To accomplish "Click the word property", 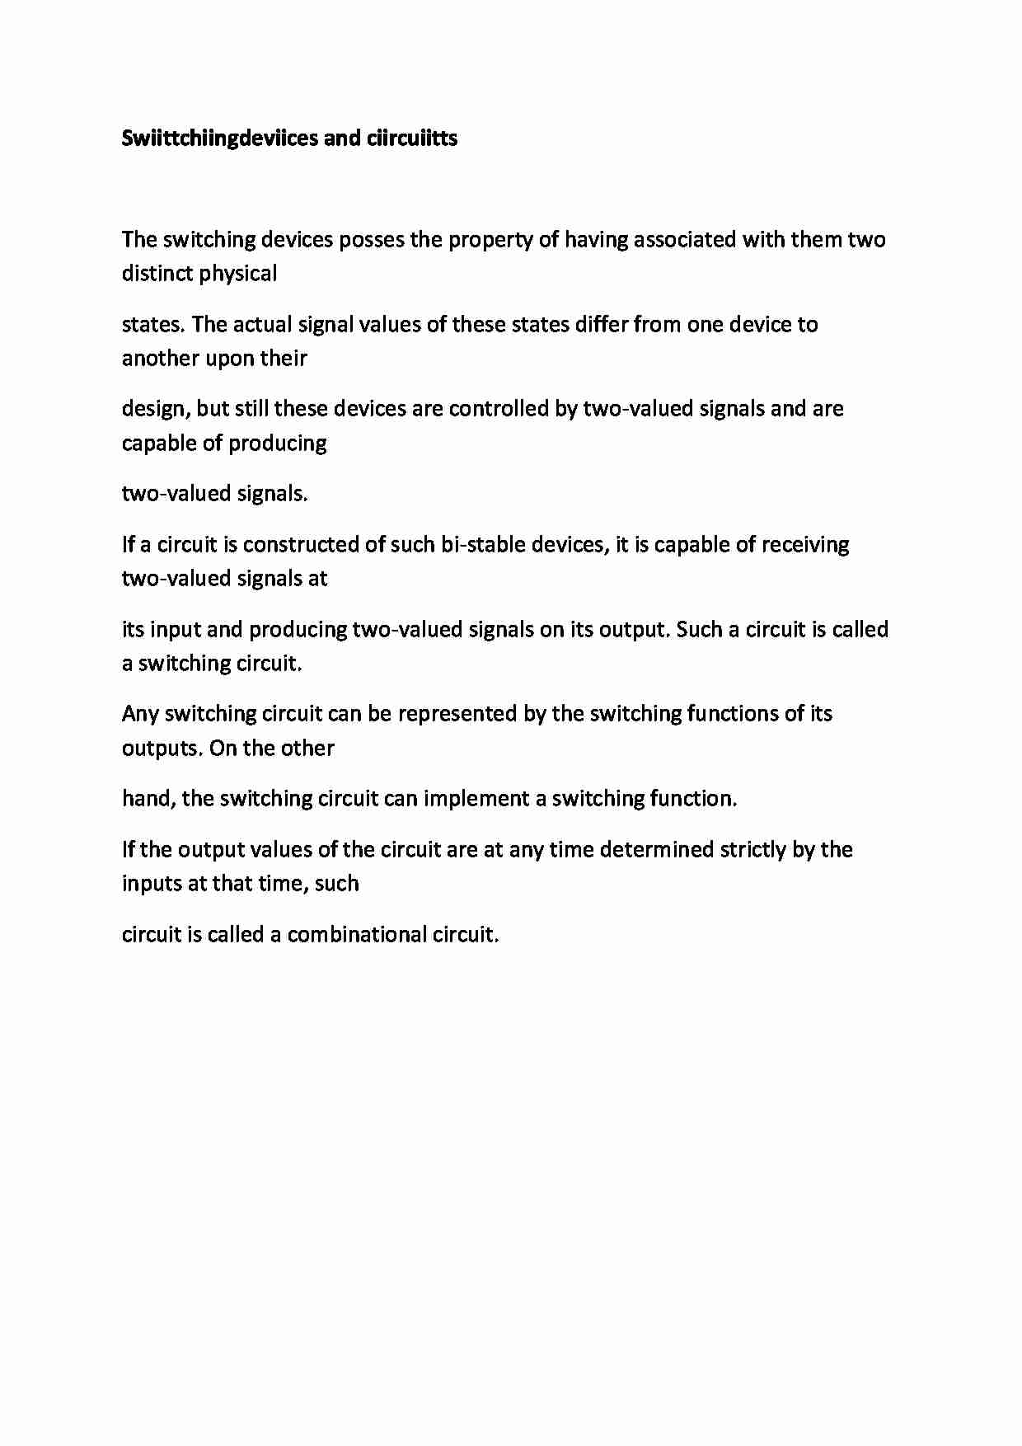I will [x=471, y=240].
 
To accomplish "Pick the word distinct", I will [x=157, y=274].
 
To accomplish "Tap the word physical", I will [x=238, y=274].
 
